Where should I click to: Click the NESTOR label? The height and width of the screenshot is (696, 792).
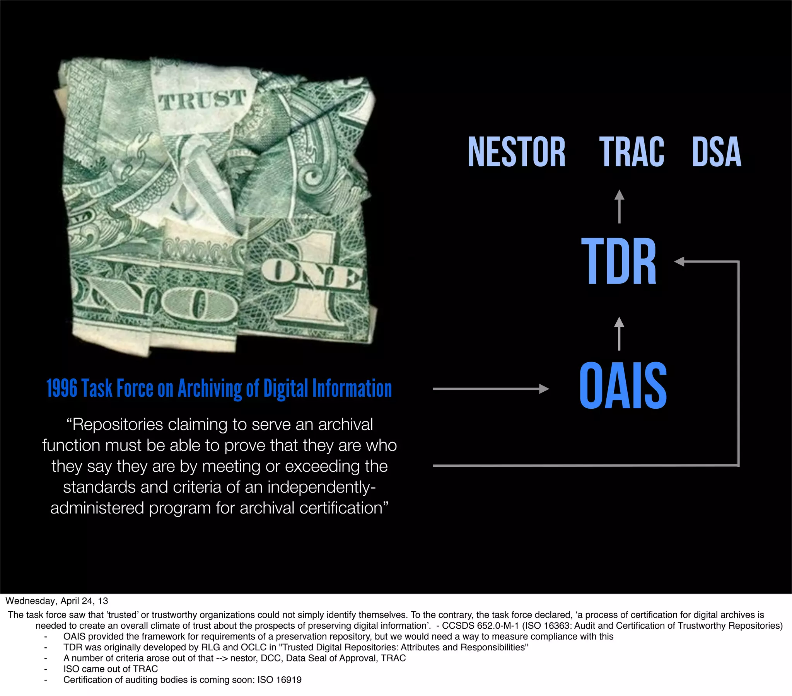click(x=517, y=152)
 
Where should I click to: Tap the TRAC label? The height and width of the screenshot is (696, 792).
click(x=632, y=152)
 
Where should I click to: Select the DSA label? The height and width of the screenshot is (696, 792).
click(x=717, y=152)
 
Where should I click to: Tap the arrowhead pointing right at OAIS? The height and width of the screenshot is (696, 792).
click(x=544, y=388)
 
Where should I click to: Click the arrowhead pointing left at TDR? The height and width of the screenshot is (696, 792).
click(x=679, y=262)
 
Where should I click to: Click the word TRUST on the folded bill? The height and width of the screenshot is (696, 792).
click(x=202, y=100)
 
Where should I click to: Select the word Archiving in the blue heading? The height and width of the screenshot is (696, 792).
click(x=210, y=388)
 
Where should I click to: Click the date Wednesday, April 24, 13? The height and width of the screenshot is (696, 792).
click(x=56, y=601)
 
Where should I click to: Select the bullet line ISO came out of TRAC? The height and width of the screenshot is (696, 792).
click(x=111, y=669)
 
